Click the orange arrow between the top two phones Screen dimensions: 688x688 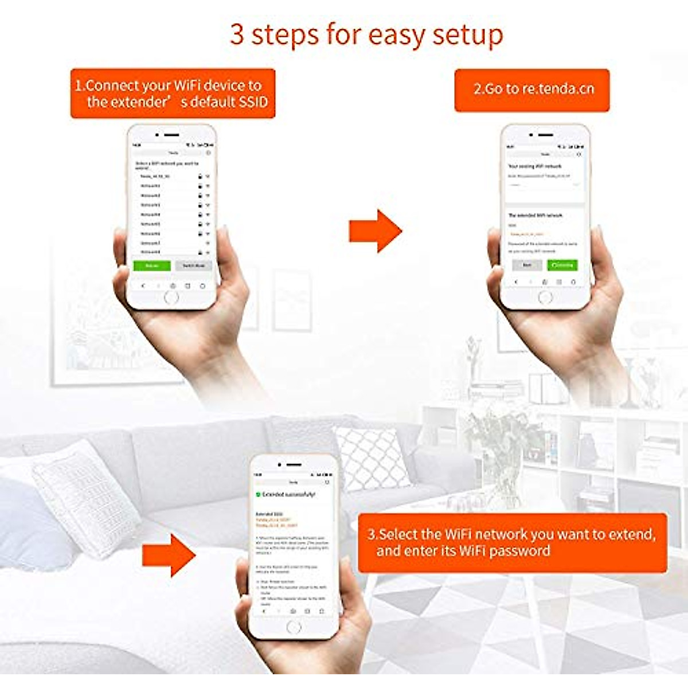[376, 230]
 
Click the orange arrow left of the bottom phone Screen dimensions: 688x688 [169, 554]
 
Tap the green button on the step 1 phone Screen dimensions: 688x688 [152, 266]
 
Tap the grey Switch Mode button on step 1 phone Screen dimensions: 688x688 [193, 266]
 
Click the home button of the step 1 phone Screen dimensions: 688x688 [171, 297]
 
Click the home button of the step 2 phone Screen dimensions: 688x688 [545, 297]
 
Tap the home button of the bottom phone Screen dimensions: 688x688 [294, 627]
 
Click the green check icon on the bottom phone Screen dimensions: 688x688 [258, 494]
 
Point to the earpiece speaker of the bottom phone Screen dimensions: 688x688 [294, 465]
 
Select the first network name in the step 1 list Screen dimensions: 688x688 [155, 176]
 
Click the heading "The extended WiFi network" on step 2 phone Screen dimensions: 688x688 [535, 216]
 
